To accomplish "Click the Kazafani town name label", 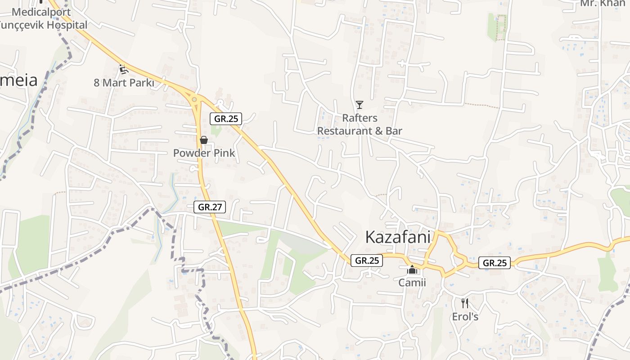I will [398, 237].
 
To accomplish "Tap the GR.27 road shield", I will [210, 207].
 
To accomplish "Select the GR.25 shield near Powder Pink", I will [226, 119].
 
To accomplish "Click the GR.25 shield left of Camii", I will [367, 261].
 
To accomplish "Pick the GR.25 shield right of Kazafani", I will [494, 263].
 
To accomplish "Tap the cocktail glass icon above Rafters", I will [359, 105].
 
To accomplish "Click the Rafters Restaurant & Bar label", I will [360, 124].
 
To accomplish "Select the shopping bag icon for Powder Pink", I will [204, 140].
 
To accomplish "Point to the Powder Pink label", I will [204, 153].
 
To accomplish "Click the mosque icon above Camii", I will [412, 270].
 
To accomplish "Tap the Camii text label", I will [412, 283].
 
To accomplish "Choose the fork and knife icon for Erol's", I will [465, 303].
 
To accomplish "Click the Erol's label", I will [465, 317].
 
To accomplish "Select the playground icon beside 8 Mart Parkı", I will [123, 69].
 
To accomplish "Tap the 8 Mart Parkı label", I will [124, 83].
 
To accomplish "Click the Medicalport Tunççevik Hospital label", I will [43, 18].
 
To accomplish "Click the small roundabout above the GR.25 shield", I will [194, 99].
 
